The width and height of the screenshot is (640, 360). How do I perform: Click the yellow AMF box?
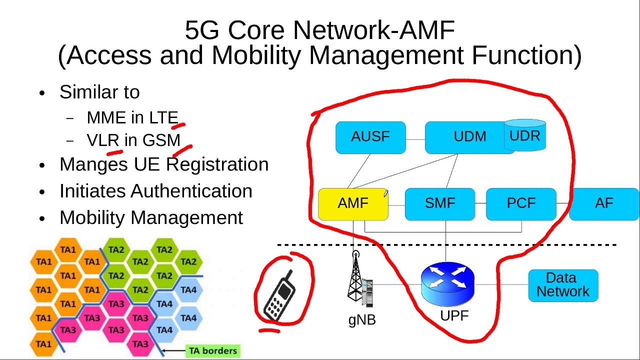coord(353,204)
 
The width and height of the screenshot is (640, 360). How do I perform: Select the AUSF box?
coord(370,137)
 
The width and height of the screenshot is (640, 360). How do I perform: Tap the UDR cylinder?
coord(525,135)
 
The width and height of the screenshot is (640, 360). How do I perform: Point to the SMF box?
coord(440,204)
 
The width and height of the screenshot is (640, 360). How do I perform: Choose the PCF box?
coord(521,204)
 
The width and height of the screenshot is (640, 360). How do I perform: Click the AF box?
coord(604,204)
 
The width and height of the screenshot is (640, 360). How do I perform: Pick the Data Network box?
coord(563,285)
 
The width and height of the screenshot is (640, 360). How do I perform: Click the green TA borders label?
coord(212,351)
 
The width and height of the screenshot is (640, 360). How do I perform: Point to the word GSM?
coord(161,140)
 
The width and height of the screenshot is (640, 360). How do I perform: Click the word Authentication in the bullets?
coord(191,191)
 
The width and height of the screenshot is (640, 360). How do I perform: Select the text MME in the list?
coord(106,118)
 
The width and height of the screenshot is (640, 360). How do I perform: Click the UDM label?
coord(469,137)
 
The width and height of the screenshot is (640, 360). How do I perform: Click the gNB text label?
coord(362,320)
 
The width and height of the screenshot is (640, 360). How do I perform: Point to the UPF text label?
coord(454,316)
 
